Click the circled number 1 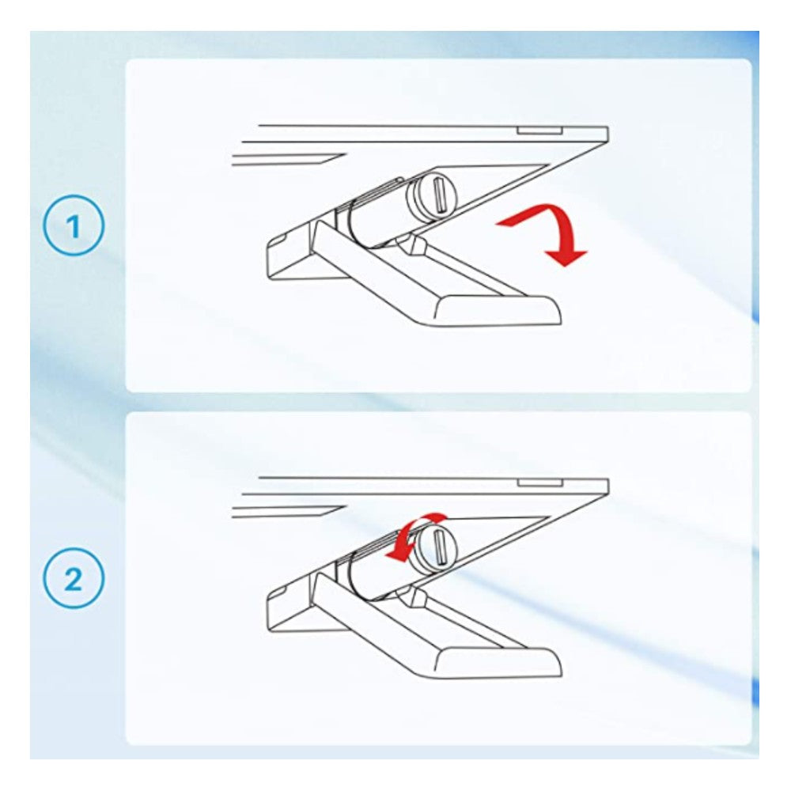(74, 225)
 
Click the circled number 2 (74, 578)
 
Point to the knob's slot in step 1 (438, 195)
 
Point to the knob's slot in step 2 (438, 547)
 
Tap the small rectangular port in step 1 (539, 131)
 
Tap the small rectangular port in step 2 (539, 483)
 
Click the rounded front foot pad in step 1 (498, 311)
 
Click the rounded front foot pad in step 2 (498, 664)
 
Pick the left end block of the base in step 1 (293, 252)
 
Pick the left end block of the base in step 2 (293, 604)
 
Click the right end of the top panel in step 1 (607, 134)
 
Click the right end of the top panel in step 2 (607, 486)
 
